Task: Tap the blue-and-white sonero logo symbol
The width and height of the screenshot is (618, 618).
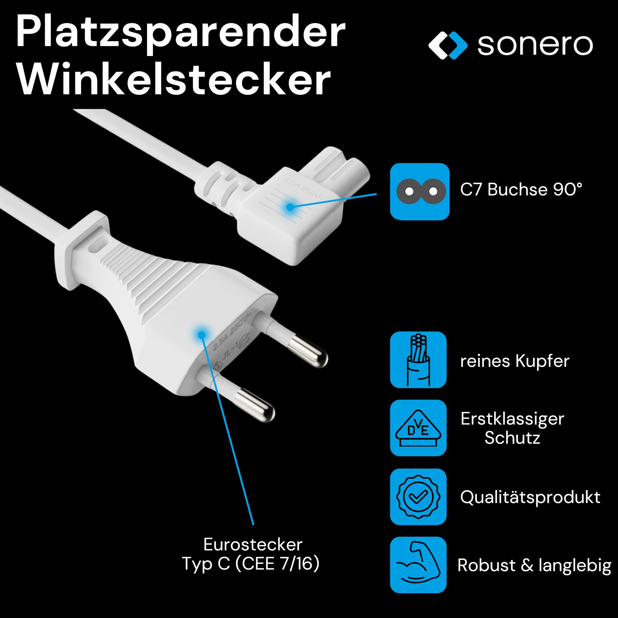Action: pos(448,45)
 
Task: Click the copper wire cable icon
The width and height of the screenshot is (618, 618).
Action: pos(418,360)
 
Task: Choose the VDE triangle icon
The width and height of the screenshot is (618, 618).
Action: pos(418,428)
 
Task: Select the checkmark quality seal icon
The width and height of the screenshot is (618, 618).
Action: pos(418,497)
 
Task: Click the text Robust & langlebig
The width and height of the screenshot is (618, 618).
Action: pos(534,566)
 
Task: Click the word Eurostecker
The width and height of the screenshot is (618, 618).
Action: pos(253,544)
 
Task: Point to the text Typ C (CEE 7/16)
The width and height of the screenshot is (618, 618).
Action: pos(251,564)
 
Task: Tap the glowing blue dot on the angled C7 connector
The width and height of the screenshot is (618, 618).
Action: pos(290,207)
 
